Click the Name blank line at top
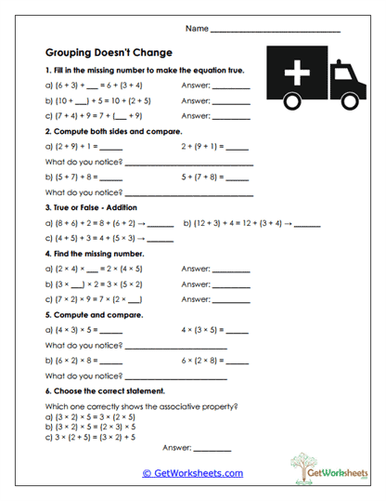click(276, 31)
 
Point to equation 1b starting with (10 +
click(102, 100)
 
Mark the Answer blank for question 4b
click(231, 283)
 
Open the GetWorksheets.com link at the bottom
click(193, 473)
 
